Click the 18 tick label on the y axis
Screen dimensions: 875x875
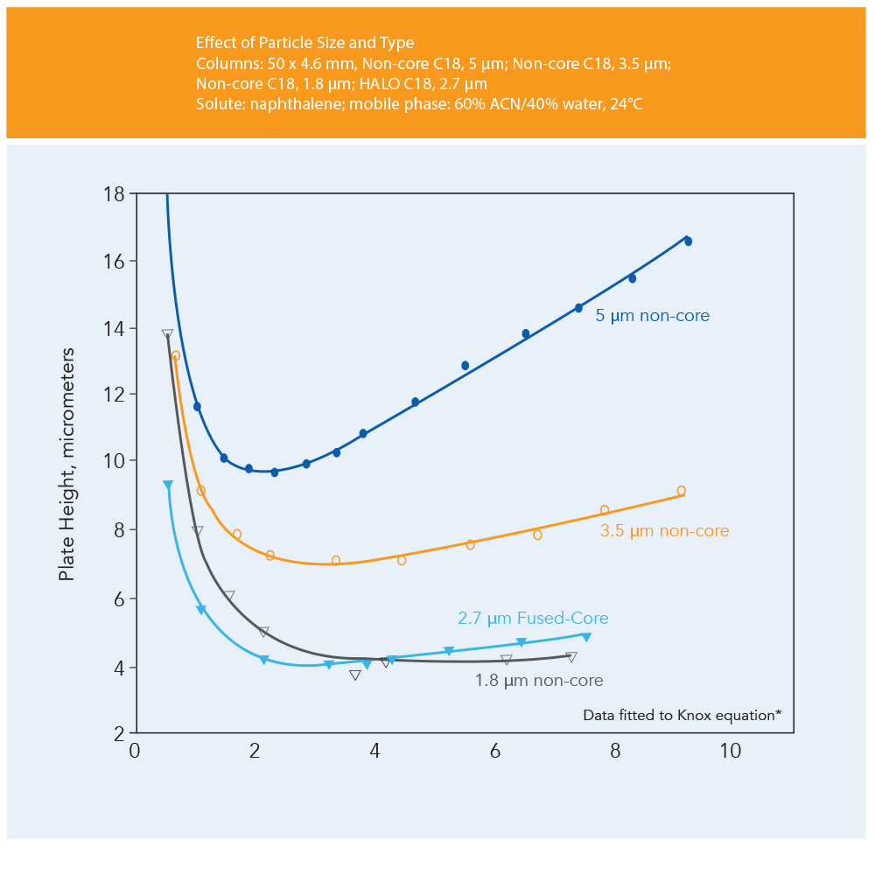pyautogui.click(x=114, y=193)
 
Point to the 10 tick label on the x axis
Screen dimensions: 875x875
pyautogui.click(x=730, y=752)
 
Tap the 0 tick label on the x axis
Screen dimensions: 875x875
pyautogui.click(x=136, y=752)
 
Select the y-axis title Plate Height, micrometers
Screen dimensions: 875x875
pyautogui.click(x=67, y=465)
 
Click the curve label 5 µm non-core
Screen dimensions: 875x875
pyautogui.click(x=653, y=316)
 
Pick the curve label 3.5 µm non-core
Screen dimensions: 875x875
pyautogui.click(x=664, y=531)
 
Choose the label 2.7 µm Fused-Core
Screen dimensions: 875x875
pyautogui.click(x=533, y=619)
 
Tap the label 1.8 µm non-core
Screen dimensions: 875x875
pyautogui.click(x=539, y=680)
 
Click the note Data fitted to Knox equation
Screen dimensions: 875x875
pyautogui.click(x=682, y=715)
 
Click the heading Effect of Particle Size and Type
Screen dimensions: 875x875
pyautogui.click(x=305, y=43)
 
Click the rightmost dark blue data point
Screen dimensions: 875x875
pyautogui.click(x=688, y=241)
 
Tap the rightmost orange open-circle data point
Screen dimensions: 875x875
pyautogui.click(x=681, y=491)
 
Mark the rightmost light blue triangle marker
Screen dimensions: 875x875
pyautogui.click(x=586, y=637)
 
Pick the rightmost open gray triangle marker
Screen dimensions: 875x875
pyautogui.click(x=571, y=656)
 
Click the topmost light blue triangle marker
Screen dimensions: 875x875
pyautogui.click(x=168, y=485)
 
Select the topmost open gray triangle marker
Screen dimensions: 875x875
pyautogui.click(x=167, y=333)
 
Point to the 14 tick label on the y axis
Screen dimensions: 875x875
pyautogui.click(x=114, y=328)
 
